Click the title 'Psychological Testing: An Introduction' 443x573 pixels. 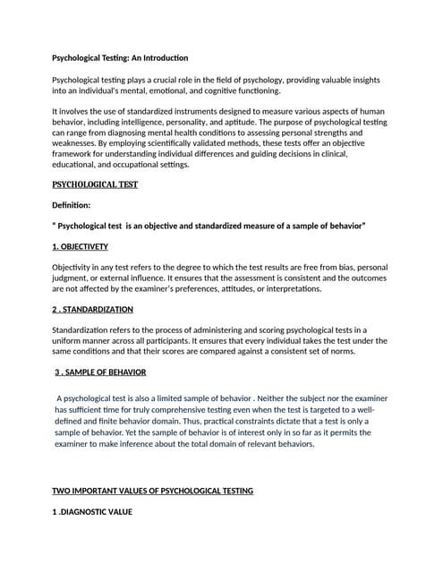click(x=120, y=58)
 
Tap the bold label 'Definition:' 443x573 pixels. click(x=78, y=205)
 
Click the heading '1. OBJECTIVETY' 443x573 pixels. click(x=81, y=246)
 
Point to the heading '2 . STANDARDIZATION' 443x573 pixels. click(x=93, y=309)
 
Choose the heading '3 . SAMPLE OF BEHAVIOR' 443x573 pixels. click(x=101, y=372)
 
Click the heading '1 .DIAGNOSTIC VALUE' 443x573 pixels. click(x=92, y=512)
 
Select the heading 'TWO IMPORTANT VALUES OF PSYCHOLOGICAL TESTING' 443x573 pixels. click(x=153, y=491)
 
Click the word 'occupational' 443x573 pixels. click(x=136, y=164)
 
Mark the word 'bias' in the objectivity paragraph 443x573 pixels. click(x=341, y=268)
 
